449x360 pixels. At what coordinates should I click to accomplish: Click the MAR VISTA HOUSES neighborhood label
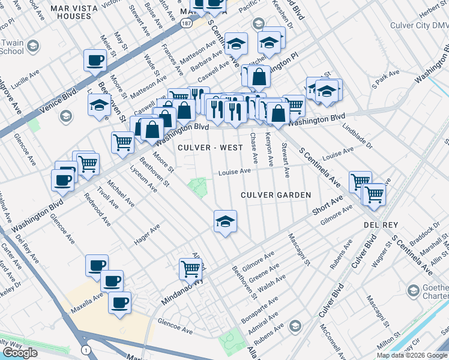79,12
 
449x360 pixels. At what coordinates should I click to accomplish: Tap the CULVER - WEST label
210,148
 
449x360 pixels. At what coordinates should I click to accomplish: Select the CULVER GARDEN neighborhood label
276,195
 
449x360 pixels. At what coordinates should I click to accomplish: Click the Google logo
20,353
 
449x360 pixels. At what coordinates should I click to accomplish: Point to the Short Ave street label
327,205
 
